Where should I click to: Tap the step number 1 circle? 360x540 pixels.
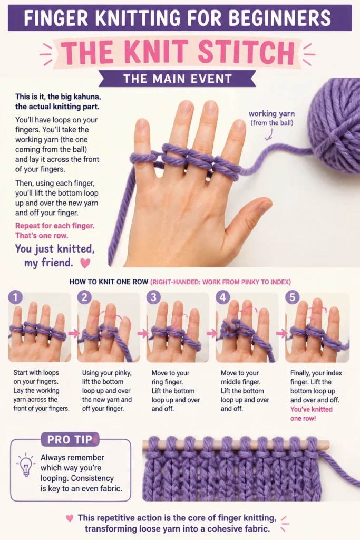pos(15,297)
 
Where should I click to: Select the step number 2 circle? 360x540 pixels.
pos(84,297)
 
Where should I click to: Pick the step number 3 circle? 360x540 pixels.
pos(153,297)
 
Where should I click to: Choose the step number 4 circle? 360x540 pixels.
pos(222,297)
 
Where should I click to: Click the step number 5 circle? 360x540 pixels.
pos(292,297)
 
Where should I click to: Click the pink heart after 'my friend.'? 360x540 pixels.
pos(85,263)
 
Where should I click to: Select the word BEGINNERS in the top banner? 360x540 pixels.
pos(280,18)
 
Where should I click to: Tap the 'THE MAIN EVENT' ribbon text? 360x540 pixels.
pos(177,79)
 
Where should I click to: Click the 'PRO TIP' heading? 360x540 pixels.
pos(70,439)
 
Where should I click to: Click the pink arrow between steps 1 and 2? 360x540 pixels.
pos(74,333)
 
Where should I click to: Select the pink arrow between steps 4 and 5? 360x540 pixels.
pos(281,333)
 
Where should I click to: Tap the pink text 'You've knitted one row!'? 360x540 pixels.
pos(311,413)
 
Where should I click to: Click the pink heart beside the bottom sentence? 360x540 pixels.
pos(70,518)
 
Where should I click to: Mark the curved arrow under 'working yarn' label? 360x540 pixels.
pos(269,134)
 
